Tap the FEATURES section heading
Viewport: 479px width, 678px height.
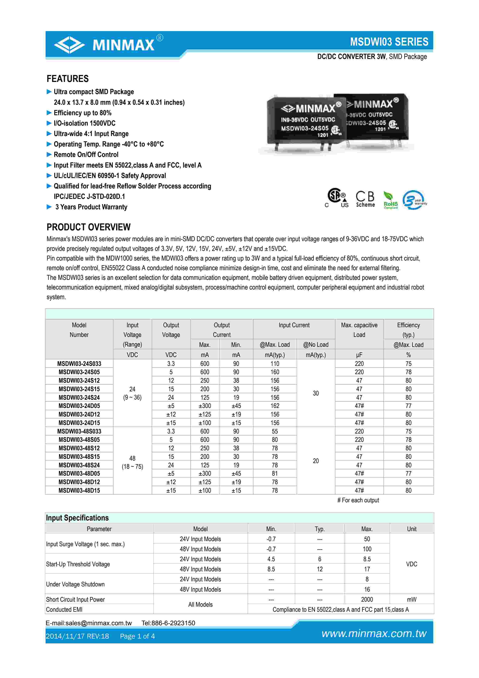(68, 79)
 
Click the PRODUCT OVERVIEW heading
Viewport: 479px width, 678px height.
(88, 227)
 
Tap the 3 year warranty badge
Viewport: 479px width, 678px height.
(414, 200)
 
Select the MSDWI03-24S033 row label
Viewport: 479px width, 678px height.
(79, 364)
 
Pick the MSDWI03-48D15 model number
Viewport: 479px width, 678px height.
(79, 491)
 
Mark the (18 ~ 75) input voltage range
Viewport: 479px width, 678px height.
(132, 467)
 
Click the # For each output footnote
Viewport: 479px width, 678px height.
(358, 500)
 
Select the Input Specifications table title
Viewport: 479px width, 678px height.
(77, 518)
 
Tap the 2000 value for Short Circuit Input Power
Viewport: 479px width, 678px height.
(367, 600)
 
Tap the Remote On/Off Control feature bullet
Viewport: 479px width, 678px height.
(86, 155)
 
